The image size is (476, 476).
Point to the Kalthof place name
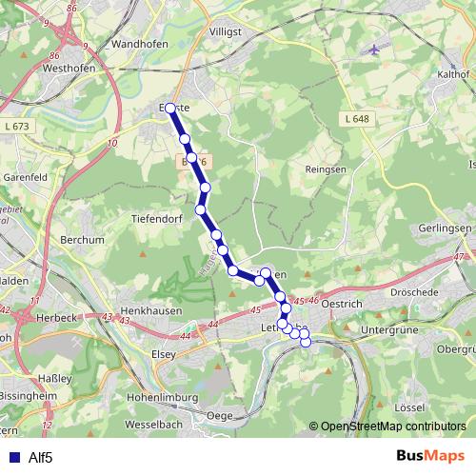coord(451,73)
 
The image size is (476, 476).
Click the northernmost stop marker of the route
coord(170,109)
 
